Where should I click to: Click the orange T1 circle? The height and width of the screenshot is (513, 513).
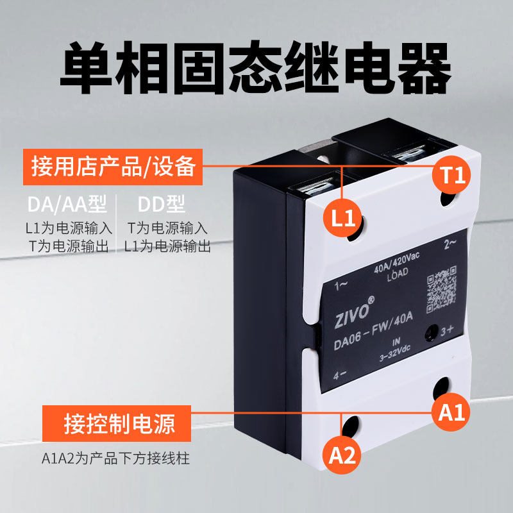click(451, 174)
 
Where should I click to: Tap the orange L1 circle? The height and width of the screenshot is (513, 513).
click(342, 218)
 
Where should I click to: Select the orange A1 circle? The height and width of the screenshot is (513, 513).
click(451, 412)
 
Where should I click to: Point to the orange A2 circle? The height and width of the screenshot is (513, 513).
click(342, 455)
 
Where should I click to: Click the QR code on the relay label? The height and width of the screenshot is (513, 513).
click(441, 289)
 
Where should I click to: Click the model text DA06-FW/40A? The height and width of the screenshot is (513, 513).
click(373, 331)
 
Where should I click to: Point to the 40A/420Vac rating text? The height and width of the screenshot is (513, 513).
click(396, 263)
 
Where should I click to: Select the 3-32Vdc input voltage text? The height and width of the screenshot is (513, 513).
click(395, 353)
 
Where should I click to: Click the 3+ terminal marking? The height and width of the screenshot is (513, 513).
click(446, 330)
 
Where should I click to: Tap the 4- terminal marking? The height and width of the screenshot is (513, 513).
click(340, 375)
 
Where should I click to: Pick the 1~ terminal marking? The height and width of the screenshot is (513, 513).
click(341, 286)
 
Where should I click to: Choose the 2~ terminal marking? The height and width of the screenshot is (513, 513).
click(450, 244)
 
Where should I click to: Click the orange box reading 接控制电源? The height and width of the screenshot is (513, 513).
click(117, 423)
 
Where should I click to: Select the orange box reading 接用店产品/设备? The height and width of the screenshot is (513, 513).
click(113, 167)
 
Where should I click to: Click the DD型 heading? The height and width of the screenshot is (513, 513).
click(162, 204)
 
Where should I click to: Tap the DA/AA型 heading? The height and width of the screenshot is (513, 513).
click(67, 204)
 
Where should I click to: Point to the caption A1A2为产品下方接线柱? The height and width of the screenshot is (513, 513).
click(115, 458)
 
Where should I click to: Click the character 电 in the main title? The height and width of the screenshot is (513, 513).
click(367, 68)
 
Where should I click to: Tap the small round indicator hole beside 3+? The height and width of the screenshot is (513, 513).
click(431, 333)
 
